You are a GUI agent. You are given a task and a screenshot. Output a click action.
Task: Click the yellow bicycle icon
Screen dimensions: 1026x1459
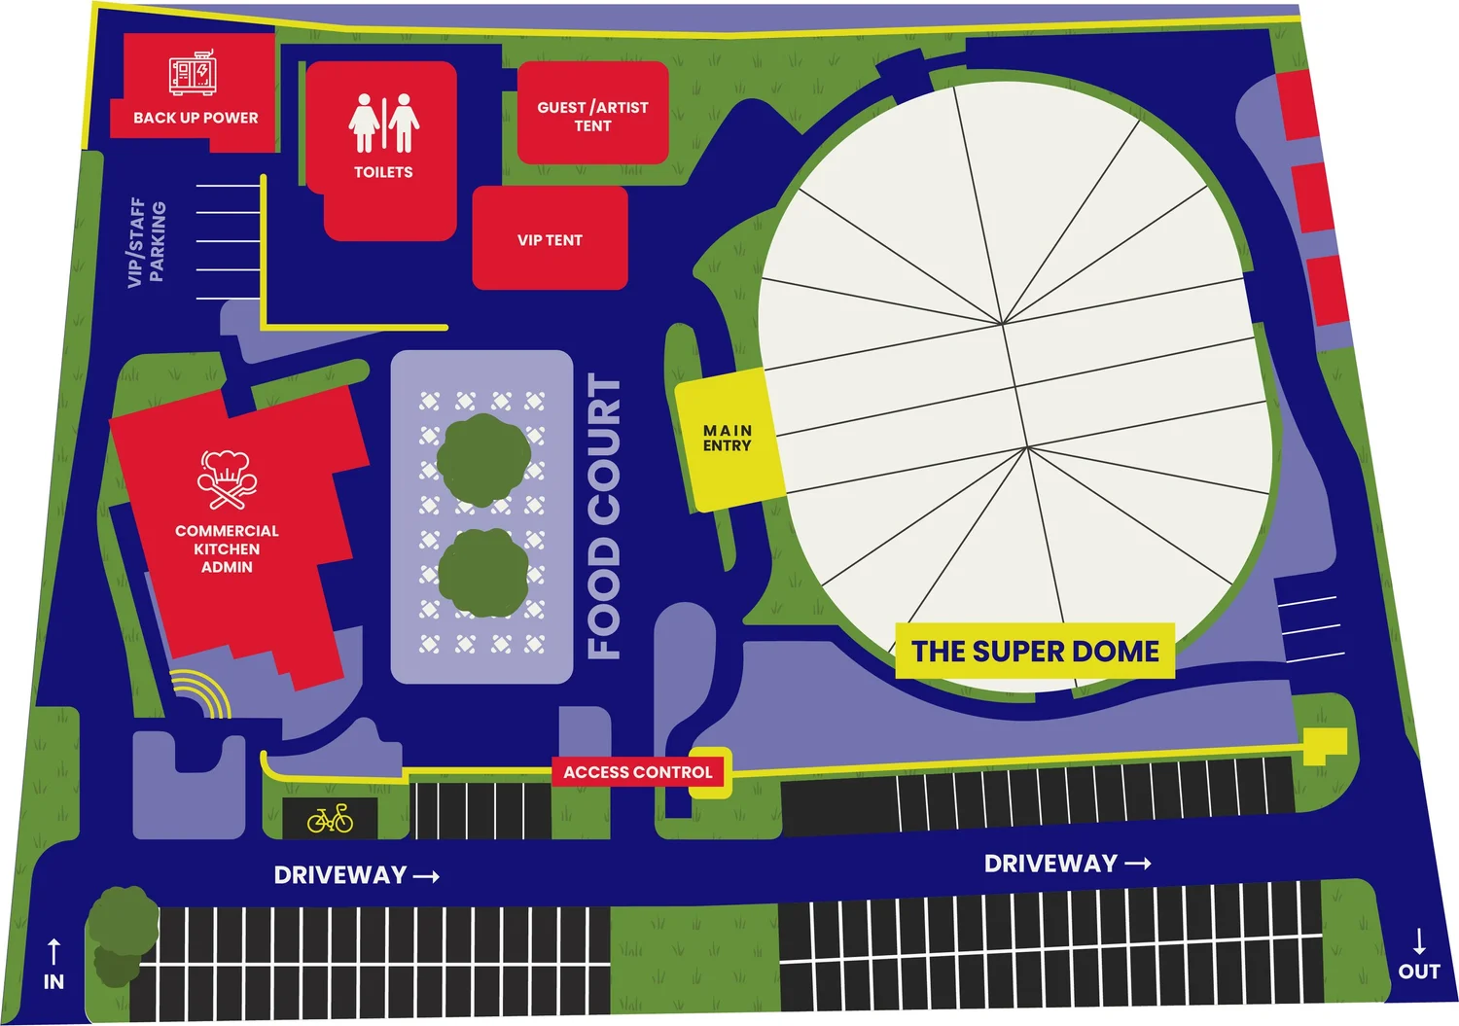(x=331, y=819)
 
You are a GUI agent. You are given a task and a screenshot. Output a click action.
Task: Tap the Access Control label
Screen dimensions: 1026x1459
(x=637, y=772)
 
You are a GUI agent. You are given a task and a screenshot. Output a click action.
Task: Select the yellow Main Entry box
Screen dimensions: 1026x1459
(x=728, y=438)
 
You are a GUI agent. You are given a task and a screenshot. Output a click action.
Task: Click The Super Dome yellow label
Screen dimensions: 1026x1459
(x=1035, y=651)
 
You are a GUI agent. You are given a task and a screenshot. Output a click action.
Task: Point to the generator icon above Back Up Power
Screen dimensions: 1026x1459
(x=193, y=74)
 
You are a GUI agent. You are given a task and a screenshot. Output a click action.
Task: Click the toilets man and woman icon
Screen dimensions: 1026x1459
(x=383, y=124)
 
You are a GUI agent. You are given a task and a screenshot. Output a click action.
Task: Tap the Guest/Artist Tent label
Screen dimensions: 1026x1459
(x=592, y=116)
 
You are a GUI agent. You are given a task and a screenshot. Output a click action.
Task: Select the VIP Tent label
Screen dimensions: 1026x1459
(x=550, y=240)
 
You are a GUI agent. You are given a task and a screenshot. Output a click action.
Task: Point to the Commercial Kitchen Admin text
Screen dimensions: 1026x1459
(x=227, y=548)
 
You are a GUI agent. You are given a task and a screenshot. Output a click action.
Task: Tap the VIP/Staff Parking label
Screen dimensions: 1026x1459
(x=147, y=242)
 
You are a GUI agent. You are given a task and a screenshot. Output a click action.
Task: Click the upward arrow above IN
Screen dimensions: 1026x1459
(x=53, y=951)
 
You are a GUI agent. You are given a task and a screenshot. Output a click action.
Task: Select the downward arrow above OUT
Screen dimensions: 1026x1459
(x=1419, y=940)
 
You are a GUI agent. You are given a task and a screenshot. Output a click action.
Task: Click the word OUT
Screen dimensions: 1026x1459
(x=1419, y=971)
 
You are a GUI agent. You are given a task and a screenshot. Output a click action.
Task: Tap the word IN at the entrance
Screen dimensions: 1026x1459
(x=53, y=981)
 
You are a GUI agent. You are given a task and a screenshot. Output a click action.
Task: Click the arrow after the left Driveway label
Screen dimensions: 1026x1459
(x=426, y=876)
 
